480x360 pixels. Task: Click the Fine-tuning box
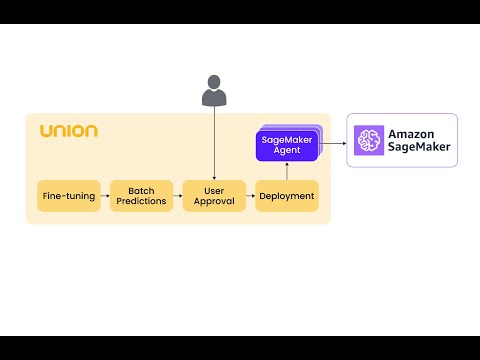[x=69, y=196]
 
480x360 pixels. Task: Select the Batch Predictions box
[x=141, y=196]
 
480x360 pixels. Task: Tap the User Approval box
[x=214, y=196]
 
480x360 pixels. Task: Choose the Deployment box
[x=287, y=196]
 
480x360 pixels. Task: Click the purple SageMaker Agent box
[x=287, y=146]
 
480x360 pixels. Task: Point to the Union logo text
[x=69, y=131]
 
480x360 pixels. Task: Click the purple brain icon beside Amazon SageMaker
[x=369, y=140]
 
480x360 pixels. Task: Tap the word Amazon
[x=411, y=134]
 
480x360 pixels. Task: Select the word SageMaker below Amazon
[x=419, y=147]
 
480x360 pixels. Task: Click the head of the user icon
[x=214, y=82]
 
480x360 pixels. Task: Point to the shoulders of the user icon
[x=214, y=97]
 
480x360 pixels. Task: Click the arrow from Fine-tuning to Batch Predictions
[x=105, y=196]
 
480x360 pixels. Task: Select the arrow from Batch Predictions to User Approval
[x=178, y=196]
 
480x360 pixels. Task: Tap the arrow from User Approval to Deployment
[x=250, y=196]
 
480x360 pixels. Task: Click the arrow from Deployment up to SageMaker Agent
[x=287, y=171]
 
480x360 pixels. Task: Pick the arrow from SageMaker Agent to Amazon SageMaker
[x=333, y=143]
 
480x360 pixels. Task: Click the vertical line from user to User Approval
[x=214, y=143]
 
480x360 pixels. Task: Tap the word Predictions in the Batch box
[x=141, y=201]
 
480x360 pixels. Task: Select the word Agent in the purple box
[x=287, y=150]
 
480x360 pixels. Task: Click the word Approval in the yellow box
[x=214, y=201]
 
